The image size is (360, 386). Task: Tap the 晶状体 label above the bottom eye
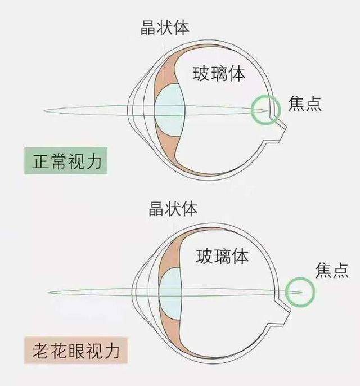click(172, 210)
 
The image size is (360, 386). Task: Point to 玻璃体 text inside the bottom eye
click(222, 257)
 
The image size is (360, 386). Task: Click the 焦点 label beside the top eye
click(305, 105)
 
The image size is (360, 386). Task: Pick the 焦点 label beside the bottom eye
click(332, 269)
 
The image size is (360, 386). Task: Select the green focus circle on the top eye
click(265, 110)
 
